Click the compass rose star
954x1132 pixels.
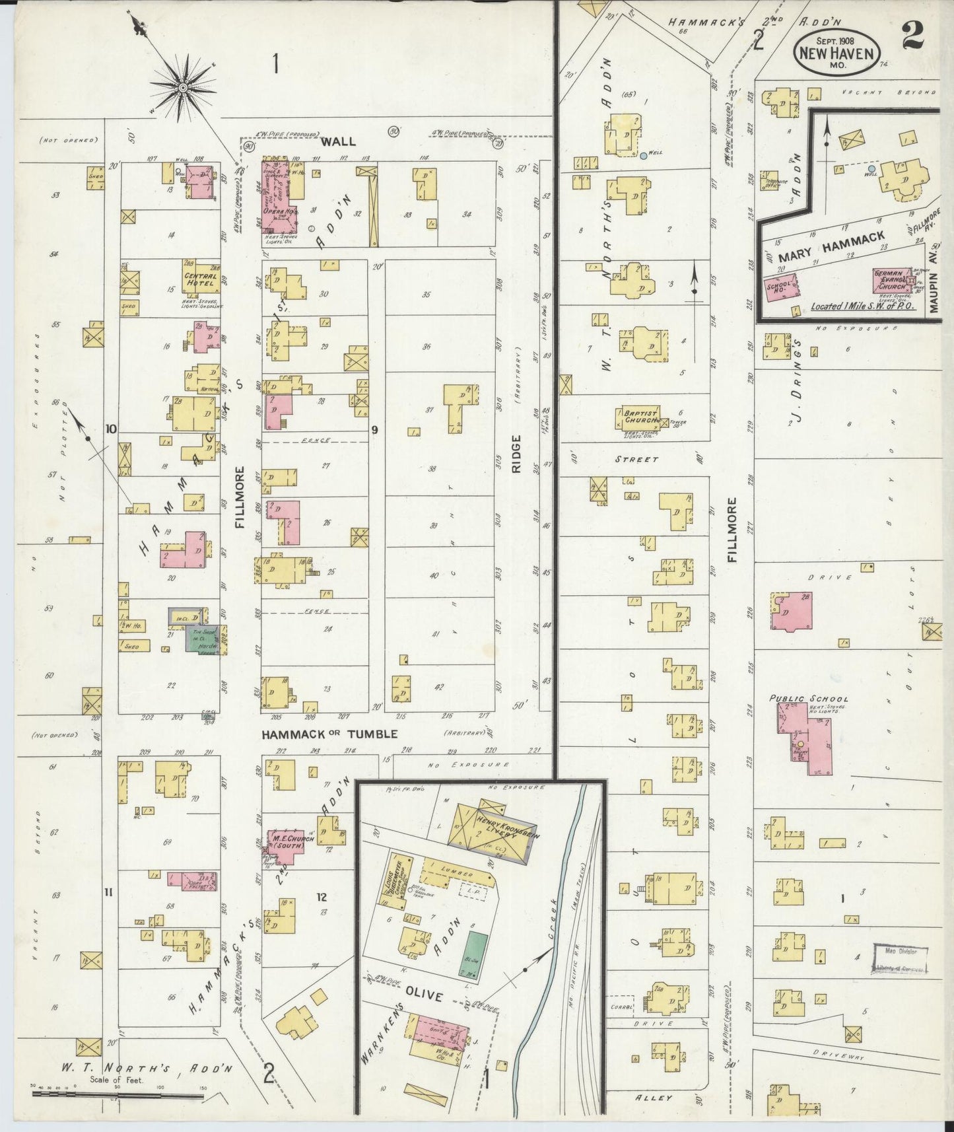pos(183,87)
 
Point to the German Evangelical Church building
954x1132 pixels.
pos(893,281)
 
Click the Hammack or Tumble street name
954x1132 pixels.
pos(329,734)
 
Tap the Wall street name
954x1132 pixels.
pos(339,141)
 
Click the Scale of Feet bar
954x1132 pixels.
pos(119,1095)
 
